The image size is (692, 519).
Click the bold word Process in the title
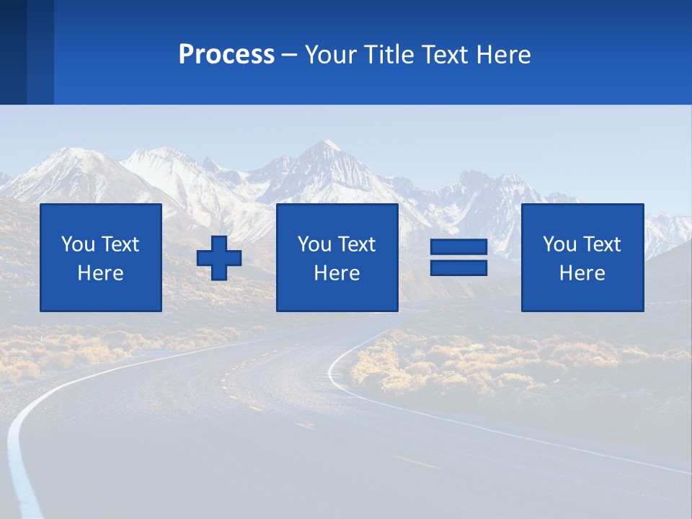coord(226,55)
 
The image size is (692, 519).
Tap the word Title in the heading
coord(386,55)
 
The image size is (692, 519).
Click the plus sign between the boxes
coord(219,258)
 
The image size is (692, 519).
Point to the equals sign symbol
coord(458,257)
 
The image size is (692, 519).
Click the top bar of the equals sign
coord(458,247)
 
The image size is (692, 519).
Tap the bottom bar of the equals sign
coord(458,267)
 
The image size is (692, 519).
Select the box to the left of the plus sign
coord(101,257)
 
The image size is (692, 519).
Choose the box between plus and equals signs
coord(337,257)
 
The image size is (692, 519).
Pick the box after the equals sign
coord(582,257)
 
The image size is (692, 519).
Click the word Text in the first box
coord(120,244)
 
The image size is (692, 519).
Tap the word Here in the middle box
coord(337,273)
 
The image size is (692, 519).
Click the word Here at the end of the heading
coord(504,55)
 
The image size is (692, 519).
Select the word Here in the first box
coord(101,273)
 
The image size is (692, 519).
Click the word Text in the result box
coord(602,244)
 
